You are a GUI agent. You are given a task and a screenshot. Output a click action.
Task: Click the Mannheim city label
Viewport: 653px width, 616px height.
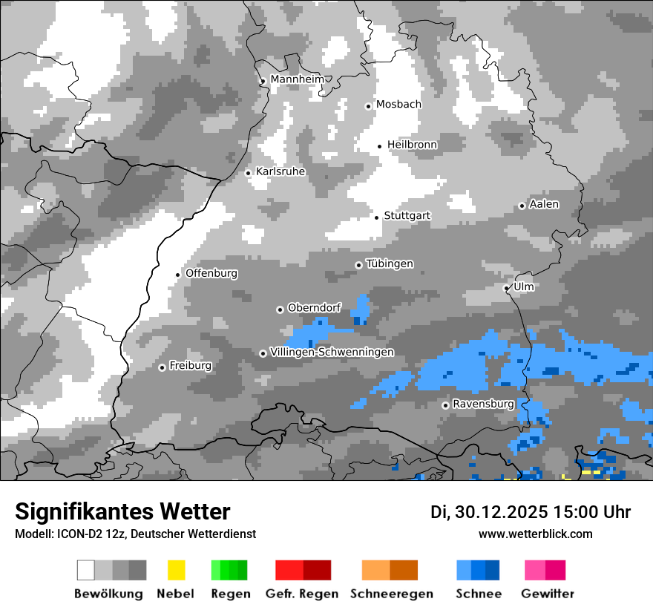[297, 79]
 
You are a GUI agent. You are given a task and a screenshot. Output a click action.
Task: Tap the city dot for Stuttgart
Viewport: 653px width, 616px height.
[376, 217]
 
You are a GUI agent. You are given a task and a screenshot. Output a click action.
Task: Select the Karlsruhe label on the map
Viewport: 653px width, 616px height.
[280, 171]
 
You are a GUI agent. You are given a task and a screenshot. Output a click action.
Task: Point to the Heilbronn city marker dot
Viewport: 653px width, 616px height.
[379, 146]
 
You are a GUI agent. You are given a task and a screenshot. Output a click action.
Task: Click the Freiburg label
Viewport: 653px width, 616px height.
[190, 366]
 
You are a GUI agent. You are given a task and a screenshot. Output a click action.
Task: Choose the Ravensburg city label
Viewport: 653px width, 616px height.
[483, 404]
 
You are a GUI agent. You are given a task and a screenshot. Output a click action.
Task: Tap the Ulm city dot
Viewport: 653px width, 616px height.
[507, 288]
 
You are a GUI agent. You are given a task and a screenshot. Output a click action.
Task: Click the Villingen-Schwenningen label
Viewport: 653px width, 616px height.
[332, 352]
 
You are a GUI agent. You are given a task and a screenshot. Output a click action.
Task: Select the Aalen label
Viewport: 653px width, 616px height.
[544, 204]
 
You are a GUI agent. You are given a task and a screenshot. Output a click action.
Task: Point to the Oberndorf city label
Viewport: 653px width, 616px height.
[314, 308]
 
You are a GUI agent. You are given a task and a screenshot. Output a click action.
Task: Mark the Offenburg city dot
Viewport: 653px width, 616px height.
[178, 275]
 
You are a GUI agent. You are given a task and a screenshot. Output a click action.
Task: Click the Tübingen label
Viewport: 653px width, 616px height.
[390, 264]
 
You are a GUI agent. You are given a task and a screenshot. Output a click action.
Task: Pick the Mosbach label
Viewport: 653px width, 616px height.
[398, 105]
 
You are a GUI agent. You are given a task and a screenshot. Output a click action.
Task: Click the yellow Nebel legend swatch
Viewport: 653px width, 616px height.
[176, 570]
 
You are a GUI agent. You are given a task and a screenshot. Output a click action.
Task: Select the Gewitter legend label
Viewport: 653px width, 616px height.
[548, 594]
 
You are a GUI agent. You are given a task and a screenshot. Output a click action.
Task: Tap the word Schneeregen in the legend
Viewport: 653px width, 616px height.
[392, 594]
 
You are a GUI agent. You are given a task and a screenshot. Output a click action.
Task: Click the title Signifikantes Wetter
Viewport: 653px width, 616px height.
[122, 512]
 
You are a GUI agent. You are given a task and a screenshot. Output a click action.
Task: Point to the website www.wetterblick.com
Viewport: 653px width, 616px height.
[535, 534]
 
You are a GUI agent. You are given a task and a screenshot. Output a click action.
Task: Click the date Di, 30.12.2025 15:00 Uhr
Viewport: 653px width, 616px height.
[531, 512]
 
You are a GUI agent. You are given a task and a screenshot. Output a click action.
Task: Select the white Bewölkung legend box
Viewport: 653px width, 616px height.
[86, 570]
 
